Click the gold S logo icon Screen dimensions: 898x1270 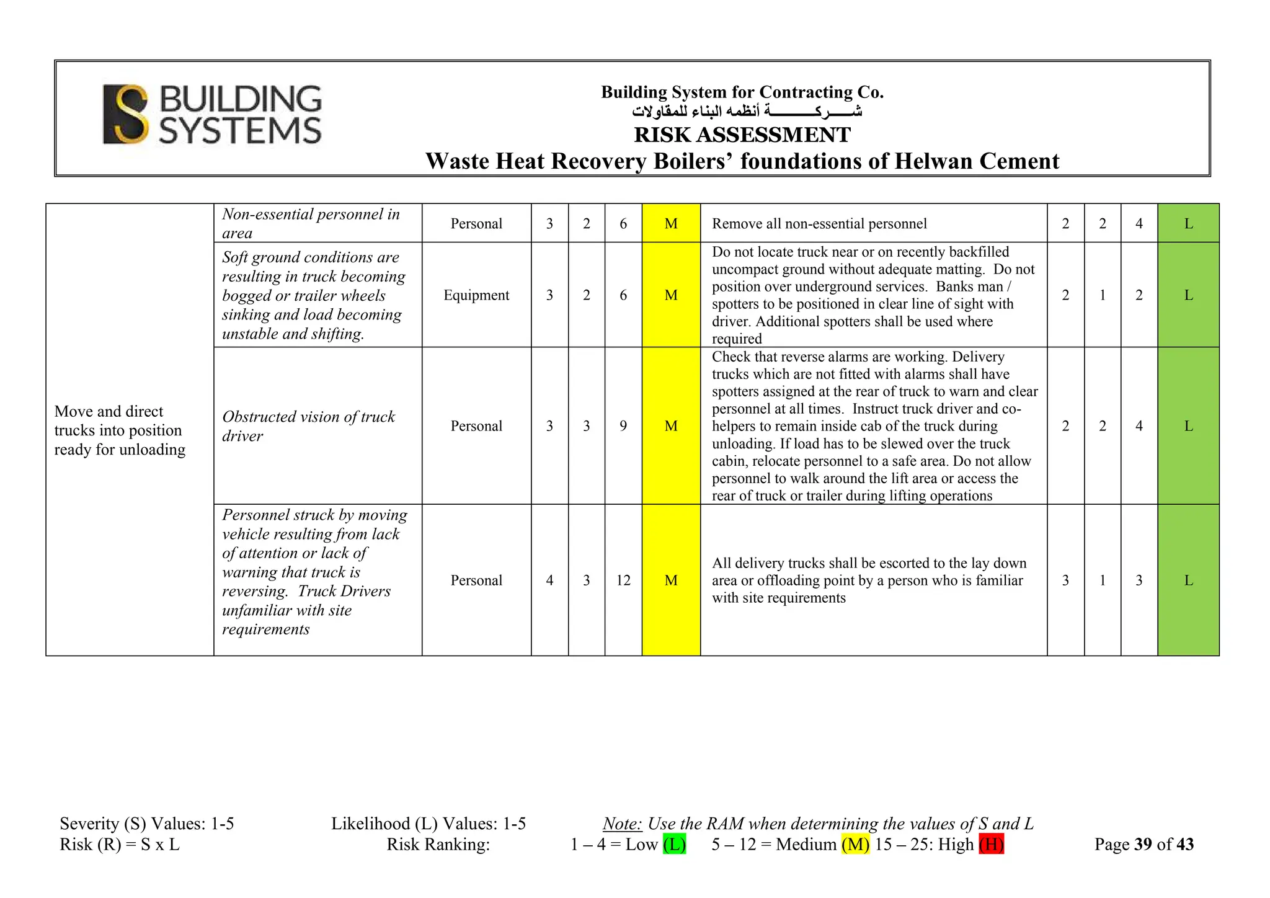126,115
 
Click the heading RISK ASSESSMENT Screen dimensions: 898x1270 742,135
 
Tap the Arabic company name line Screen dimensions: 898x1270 747,112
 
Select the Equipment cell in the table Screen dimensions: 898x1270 476,295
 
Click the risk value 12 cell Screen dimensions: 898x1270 623,580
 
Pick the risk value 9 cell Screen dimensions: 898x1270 623,426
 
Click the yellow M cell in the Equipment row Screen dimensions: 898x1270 671,295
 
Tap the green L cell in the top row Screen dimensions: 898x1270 1188,224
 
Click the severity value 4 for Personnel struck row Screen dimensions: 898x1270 549,580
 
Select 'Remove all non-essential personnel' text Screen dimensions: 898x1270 819,224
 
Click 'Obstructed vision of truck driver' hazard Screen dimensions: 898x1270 308,426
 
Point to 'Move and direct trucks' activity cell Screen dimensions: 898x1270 119,430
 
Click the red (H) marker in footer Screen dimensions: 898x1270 991,844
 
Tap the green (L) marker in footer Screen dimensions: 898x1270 674,844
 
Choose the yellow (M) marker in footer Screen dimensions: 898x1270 855,844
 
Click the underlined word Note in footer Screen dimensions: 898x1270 622,824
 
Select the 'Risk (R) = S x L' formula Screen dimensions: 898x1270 120,844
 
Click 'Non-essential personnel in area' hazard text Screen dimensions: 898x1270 311,223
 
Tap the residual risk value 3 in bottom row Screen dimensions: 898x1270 1139,580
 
